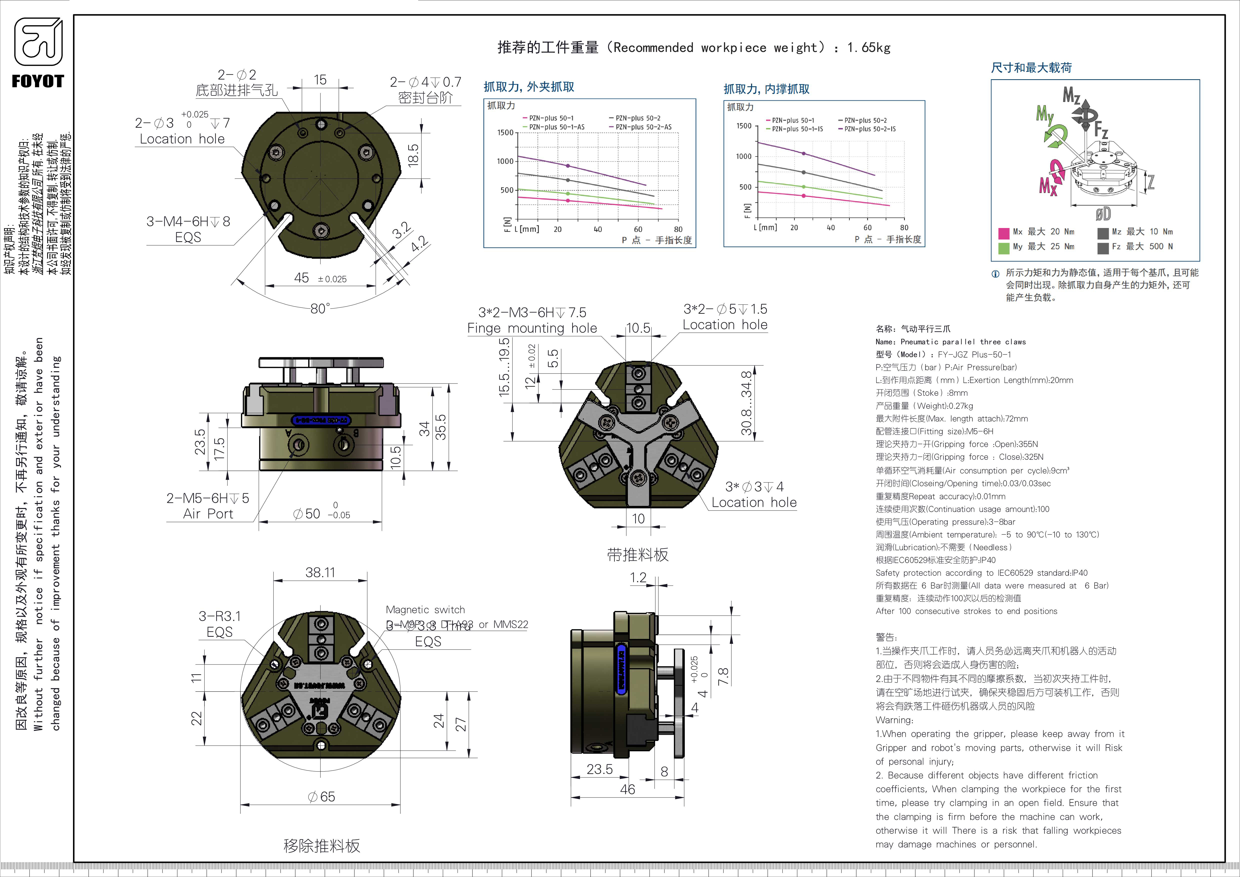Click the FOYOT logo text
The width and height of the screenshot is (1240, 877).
click(38, 81)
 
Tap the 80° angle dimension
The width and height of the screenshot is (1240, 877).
click(320, 308)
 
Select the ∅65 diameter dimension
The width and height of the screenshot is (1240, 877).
click(321, 796)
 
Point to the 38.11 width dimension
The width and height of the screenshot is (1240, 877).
click(320, 572)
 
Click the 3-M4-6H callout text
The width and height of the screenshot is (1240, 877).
click(188, 221)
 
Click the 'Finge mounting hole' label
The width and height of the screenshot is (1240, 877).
click(532, 328)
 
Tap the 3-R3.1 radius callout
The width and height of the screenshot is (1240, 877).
click(220, 616)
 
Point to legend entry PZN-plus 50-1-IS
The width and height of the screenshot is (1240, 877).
click(797, 129)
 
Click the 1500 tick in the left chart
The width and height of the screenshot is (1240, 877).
click(505, 133)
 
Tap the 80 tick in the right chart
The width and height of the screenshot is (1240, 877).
click(904, 227)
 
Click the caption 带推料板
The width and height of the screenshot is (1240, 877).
click(638, 554)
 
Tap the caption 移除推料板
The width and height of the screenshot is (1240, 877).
click(322, 846)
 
